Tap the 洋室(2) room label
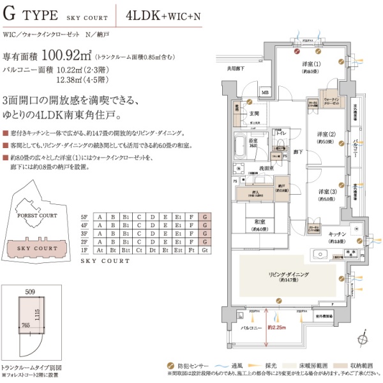326,134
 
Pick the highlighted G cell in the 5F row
205,216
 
